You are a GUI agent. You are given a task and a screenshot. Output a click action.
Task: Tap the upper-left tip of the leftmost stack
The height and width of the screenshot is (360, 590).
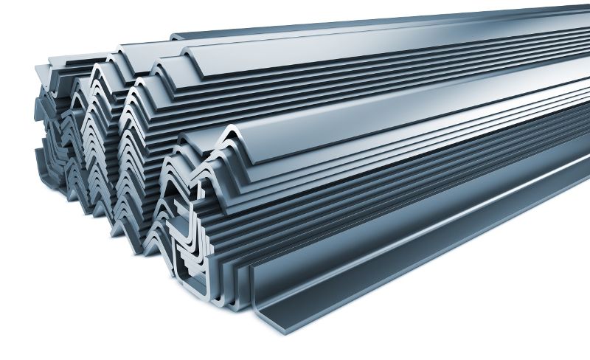[x=37, y=67]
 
